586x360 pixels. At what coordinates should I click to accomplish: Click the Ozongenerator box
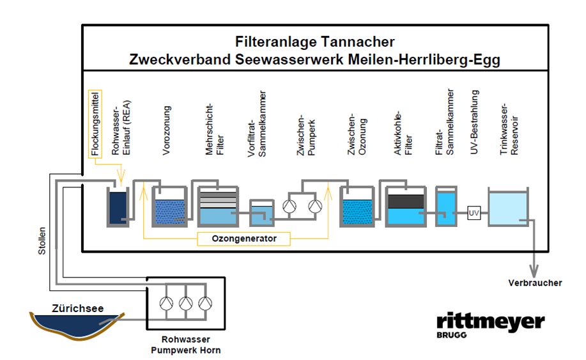[242, 239]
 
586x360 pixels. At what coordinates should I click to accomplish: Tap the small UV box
[474, 212]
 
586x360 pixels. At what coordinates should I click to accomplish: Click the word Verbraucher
[535, 283]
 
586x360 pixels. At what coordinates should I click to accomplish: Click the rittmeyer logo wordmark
[490, 322]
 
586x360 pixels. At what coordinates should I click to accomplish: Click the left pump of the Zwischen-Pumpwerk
[289, 207]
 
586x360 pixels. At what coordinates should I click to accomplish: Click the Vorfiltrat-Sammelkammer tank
[259, 215]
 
